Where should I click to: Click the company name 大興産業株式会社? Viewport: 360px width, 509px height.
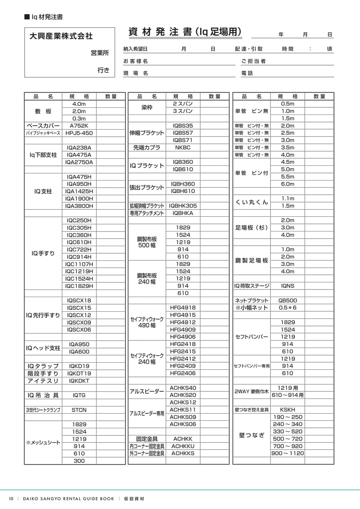pyautogui.click(x=61, y=36)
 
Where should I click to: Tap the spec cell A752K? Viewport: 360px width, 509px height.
pyautogui.click(x=79, y=126)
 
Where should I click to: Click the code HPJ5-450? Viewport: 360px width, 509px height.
pyautogui.click(x=79, y=133)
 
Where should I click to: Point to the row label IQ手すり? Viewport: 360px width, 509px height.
pyautogui.click(x=43, y=253)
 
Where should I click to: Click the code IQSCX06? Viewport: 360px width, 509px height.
pyautogui.click(x=79, y=330)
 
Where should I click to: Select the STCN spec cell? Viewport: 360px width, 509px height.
pyautogui.click(x=79, y=410)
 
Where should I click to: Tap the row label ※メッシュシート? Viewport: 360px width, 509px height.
pyautogui.click(x=43, y=443)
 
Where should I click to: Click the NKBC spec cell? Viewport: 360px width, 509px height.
pyautogui.click(x=183, y=148)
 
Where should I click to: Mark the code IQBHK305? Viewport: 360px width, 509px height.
pyautogui.click(x=183, y=206)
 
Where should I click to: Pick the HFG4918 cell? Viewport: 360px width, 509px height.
pyautogui.click(x=183, y=307)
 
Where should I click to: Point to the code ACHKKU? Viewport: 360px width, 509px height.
pyautogui.click(x=183, y=446)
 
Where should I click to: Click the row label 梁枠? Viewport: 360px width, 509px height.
pyautogui.click(x=147, y=107)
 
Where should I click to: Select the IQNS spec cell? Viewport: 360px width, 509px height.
pyautogui.click(x=287, y=286)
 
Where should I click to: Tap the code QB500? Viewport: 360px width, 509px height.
pyautogui.click(x=287, y=301)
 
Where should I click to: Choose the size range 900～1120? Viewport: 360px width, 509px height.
pyautogui.click(x=287, y=453)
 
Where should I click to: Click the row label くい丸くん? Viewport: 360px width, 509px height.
pyautogui.click(x=252, y=202)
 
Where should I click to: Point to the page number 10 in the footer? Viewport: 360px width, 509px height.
pyautogui.click(x=11, y=499)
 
